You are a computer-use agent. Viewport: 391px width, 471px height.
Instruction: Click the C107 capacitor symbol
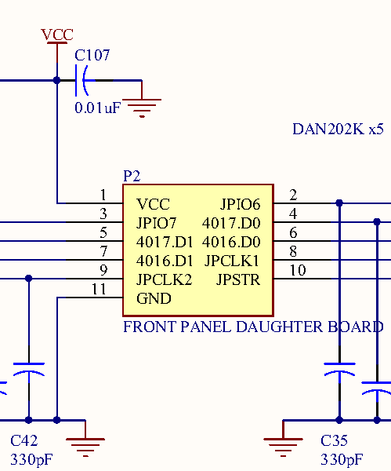81,81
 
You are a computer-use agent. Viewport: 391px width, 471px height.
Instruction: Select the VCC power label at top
57,35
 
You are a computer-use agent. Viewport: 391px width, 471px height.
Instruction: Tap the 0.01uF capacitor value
98,108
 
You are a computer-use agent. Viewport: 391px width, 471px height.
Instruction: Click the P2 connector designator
132,176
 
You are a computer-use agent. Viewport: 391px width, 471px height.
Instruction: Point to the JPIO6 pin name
241,204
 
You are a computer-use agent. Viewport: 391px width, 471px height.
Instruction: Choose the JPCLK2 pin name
164,279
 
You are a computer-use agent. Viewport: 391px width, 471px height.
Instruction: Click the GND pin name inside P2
154,298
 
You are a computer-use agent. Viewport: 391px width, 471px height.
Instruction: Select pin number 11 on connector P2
99,289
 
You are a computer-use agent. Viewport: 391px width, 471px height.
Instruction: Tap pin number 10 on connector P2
298,270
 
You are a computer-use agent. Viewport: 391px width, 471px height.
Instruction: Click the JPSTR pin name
238,279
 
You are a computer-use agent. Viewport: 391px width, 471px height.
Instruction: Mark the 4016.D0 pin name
231,242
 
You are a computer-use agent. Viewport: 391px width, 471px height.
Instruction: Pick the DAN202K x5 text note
338,130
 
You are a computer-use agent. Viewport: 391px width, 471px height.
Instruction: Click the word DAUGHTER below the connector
280,327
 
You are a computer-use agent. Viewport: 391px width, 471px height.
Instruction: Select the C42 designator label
24,440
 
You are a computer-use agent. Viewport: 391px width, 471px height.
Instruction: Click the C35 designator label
334,440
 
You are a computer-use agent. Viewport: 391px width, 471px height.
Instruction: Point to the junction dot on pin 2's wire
339,203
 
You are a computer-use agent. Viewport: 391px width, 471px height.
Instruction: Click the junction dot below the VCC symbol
57,81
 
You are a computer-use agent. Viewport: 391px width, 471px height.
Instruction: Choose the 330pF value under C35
342,459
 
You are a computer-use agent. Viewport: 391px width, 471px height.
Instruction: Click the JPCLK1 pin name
231,261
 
